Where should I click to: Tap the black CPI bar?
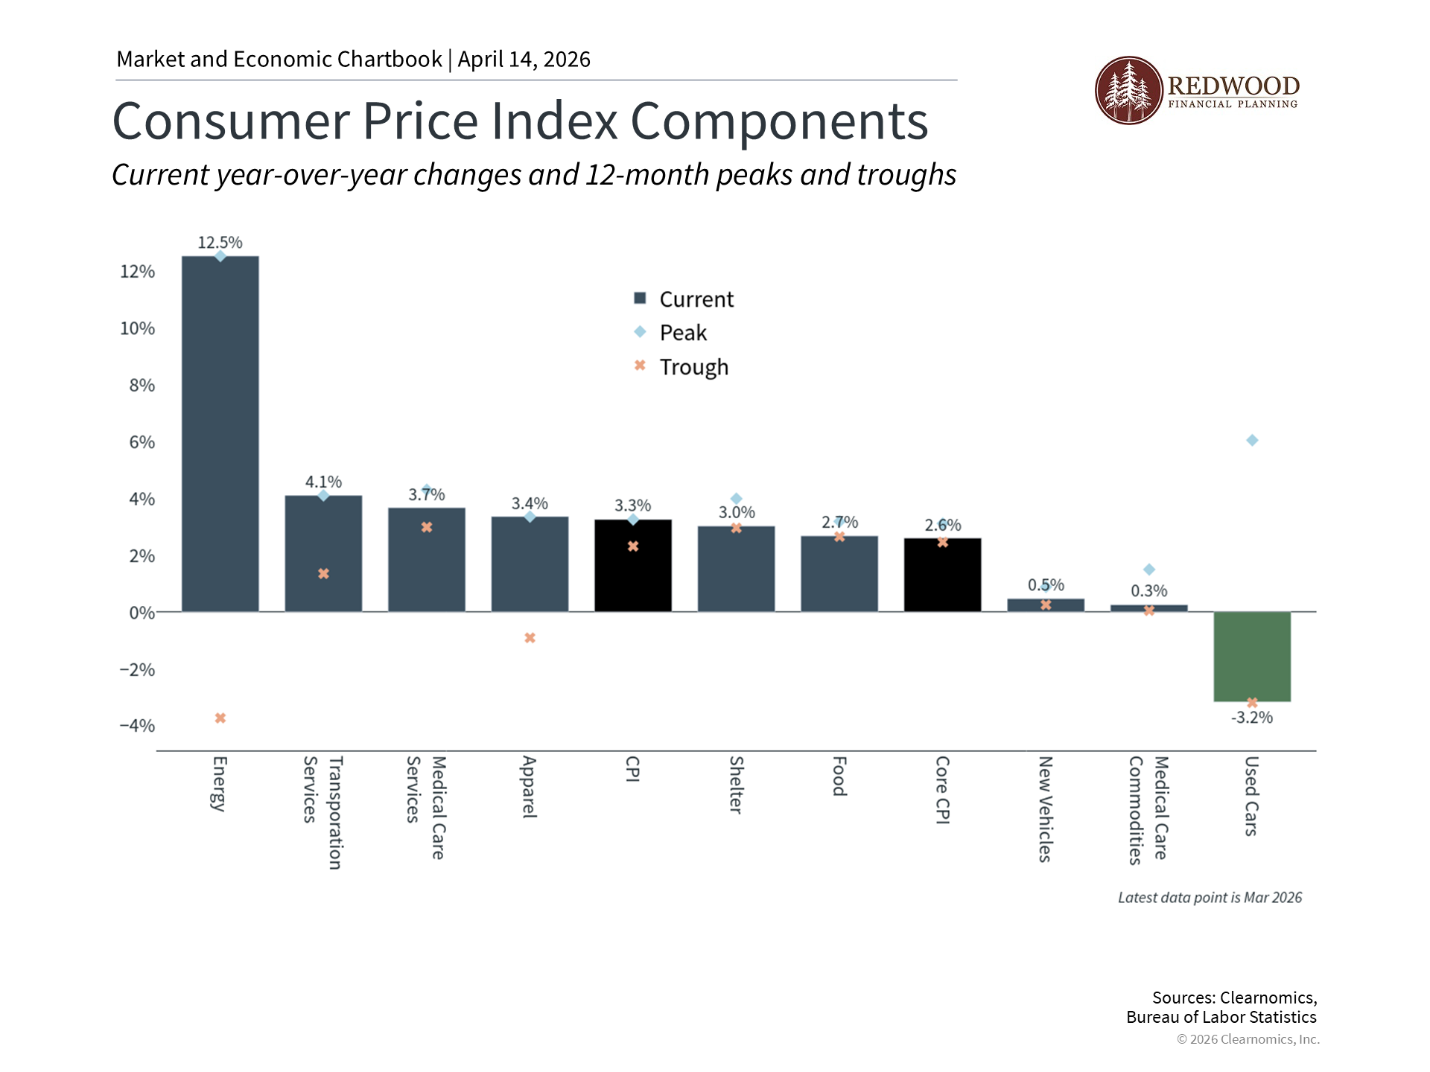click(x=633, y=573)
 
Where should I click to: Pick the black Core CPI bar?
click(x=942, y=577)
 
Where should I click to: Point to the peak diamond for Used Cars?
click(x=1252, y=441)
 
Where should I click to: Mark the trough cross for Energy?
click(x=220, y=718)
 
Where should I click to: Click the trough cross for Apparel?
click(x=530, y=638)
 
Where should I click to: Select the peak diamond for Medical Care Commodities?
click(x=1149, y=569)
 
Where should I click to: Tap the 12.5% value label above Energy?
click(x=220, y=243)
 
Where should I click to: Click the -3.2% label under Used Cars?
click(x=1252, y=718)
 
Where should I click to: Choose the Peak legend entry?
click(x=682, y=333)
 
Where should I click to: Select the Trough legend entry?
click(x=693, y=367)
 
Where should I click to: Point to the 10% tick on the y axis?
click(x=138, y=328)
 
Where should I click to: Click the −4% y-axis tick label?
click(x=137, y=726)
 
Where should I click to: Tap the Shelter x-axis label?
click(x=736, y=785)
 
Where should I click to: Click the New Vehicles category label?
click(x=1045, y=809)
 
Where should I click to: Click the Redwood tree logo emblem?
click(x=1128, y=91)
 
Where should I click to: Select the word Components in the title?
click(x=779, y=121)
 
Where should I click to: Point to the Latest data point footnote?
click(x=1210, y=898)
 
